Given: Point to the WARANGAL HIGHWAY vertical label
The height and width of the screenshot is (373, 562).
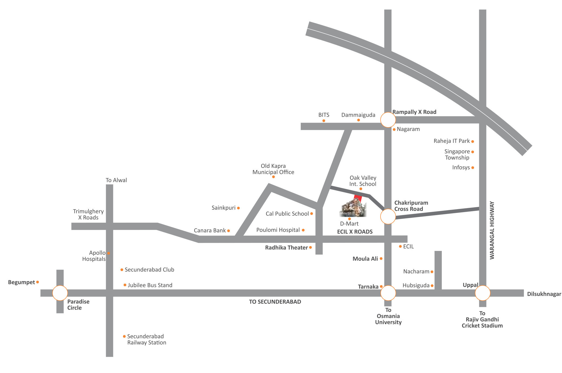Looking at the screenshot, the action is [492, 230].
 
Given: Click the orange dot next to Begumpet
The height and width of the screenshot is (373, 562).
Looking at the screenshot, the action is [37, 282].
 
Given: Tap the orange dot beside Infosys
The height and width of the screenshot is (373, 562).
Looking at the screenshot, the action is [472, 168].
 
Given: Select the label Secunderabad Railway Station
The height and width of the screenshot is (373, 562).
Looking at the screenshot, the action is [147, 339].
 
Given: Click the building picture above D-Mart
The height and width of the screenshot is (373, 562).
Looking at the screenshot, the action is [353, 207].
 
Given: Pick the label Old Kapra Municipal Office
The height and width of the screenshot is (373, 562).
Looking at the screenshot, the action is [273, 169].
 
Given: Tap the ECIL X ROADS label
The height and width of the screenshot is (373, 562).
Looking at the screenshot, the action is [355, 232].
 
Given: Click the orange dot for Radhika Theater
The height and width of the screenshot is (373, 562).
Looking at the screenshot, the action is [310, 247].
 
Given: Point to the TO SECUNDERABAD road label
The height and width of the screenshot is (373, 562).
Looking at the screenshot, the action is [275, 302].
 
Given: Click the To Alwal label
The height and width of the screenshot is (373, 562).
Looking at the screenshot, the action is [116, 180].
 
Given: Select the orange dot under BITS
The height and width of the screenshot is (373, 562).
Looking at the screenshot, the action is [324, 121].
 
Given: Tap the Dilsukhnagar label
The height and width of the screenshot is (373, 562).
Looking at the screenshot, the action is [544, 294].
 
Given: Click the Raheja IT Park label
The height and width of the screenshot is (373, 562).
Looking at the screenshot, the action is [452, 141].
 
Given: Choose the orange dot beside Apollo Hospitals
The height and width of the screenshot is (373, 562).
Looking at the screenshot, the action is [108, 253].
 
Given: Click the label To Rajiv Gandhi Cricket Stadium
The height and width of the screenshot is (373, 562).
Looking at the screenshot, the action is [482, 319].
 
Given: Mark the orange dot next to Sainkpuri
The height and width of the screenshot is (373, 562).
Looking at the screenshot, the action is [238, 208].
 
